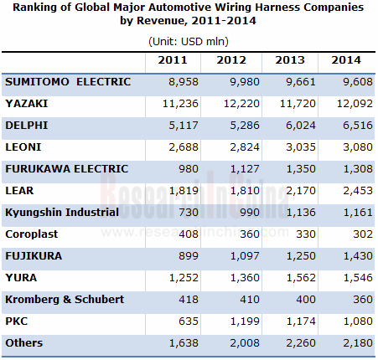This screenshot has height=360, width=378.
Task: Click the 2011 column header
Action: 173,60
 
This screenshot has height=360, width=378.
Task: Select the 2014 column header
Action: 346,60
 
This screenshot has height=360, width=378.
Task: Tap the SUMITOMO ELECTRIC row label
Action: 68,82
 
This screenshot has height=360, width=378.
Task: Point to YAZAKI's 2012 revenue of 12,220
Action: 241,104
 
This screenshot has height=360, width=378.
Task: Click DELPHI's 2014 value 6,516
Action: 358,126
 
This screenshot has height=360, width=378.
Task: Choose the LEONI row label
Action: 23,147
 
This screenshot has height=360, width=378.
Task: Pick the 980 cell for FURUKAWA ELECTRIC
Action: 189,169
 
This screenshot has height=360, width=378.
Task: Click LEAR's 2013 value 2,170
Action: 301,191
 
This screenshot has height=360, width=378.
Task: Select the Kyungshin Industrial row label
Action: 62,213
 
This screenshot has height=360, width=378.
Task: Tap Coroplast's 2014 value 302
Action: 363,234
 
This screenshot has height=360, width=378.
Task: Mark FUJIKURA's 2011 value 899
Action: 189,256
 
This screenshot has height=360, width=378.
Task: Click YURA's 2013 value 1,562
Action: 301,278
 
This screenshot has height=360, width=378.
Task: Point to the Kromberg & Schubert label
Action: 65,300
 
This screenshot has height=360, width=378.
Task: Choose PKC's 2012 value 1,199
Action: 245,321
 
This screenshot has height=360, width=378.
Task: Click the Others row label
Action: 24,343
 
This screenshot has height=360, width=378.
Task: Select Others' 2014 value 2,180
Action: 358,343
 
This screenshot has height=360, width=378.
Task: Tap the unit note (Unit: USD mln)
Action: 189,42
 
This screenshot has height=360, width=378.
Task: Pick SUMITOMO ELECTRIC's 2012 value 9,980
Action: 245,82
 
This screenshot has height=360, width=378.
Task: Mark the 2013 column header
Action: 290,60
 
